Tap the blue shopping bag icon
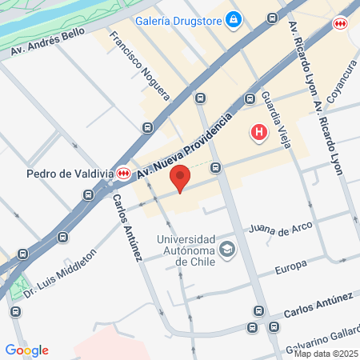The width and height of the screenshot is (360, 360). tap(234, 18)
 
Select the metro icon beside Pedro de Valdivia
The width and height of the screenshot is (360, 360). tap(123, 173)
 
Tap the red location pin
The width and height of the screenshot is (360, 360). tap(181, 178)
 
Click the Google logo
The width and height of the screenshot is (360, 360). tap(27, 350)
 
